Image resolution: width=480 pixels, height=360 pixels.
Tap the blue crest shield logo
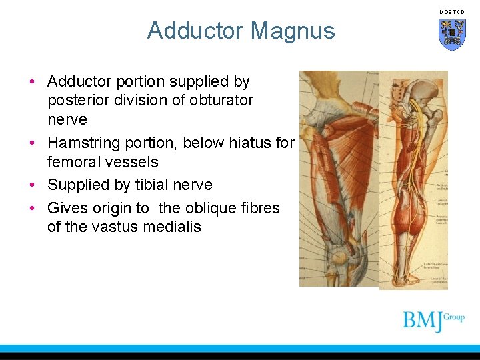click(x=451, y=34)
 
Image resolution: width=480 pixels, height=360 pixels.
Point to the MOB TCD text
click(x=451, y=12)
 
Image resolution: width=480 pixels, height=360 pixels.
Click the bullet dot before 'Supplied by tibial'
click(x=32, y=185)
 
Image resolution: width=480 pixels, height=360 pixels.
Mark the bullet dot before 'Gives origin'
click(x=32, y=208)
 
